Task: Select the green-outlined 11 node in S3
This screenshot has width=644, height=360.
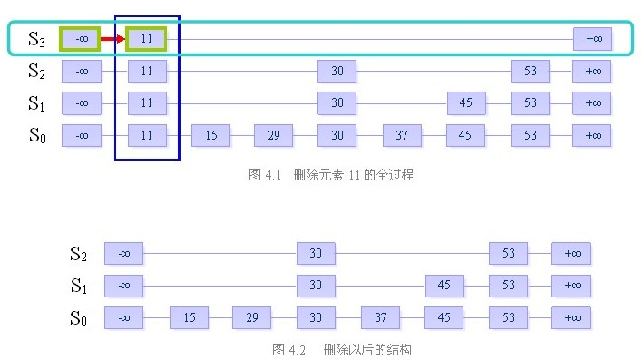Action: (147, 39)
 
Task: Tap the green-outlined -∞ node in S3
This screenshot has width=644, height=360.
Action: (81, 39)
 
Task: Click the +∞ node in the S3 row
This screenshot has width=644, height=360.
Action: (593, 39)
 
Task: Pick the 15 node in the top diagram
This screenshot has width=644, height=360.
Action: (210, 136)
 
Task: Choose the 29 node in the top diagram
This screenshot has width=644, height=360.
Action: (273, 136)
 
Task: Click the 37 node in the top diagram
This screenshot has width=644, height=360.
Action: (402, 136)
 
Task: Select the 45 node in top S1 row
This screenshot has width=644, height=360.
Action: (465, 103)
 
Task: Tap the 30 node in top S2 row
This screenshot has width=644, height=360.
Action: (337, 71)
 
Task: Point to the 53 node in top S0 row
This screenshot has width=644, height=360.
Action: (530, 136)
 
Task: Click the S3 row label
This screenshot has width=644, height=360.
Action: (36, 39)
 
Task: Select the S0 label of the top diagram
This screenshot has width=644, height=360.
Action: (36, 136)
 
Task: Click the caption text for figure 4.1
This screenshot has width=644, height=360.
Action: (330, 175)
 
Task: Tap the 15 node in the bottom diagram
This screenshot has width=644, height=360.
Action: (189, 318)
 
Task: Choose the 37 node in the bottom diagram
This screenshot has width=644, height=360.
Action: (380, 318)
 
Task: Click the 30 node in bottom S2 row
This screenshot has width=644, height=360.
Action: (316, 254)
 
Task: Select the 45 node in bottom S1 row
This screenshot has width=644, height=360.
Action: (444, 286)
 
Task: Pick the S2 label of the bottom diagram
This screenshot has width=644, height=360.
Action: (80, 254)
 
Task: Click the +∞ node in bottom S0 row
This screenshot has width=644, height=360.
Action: (571, 318)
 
